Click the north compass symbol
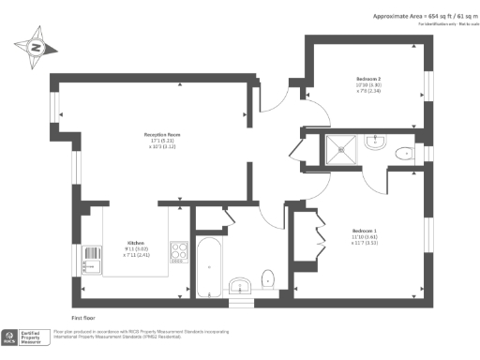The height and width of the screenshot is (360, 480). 36,46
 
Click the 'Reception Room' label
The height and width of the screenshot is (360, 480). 154,134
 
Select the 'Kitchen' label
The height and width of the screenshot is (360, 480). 135,241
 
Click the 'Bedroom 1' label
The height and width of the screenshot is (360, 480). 364,231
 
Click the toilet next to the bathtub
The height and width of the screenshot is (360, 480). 268,277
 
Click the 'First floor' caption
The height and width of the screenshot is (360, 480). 83,306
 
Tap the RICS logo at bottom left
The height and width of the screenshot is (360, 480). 14,336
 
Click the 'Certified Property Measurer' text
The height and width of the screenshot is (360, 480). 36,336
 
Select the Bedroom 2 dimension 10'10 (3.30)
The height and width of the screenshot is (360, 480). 367,85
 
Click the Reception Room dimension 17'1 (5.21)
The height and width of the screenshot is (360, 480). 154,141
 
